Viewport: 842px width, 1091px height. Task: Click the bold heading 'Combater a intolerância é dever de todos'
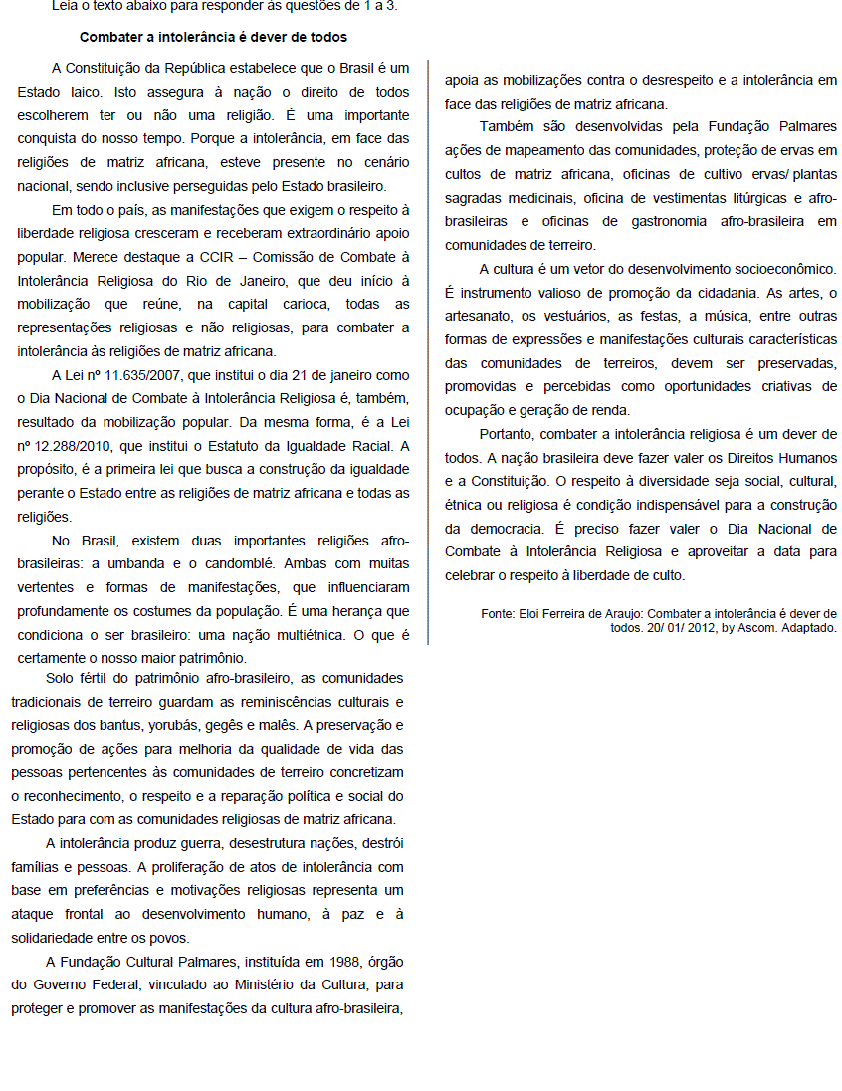213,37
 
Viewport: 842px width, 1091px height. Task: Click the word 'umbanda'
122,563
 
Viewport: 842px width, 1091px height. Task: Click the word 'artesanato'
483,316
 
